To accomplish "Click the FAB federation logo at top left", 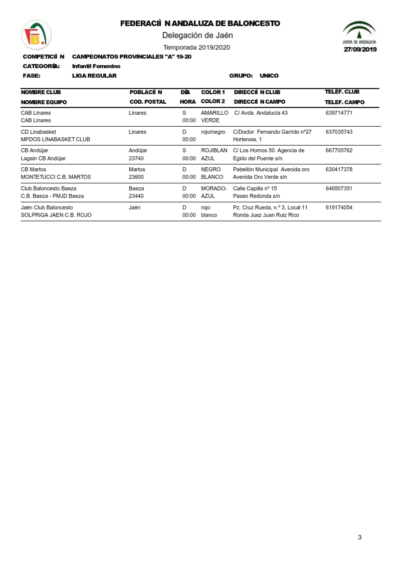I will (x=36, y=35).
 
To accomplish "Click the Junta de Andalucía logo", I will (x=359, y=33).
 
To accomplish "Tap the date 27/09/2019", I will (x=360, y=49).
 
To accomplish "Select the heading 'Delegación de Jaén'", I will (x=197, y=35).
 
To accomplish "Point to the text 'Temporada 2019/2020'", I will (x=196, y=47).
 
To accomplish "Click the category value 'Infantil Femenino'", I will (x=96, y=66).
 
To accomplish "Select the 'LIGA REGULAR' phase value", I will (x=94, y=76).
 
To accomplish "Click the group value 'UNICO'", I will (x=269, y=76).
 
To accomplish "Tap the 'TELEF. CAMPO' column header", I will (x=344, y=102).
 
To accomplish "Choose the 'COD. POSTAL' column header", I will (x=148, y=102).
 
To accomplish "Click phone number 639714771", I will (x=339, y=113).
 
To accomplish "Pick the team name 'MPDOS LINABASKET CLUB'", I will (x=56, y=139).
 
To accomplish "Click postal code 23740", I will (x=136, y=158).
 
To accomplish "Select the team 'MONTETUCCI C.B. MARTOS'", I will (x=56, y=177).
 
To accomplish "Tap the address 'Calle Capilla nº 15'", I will (x=255, y=188).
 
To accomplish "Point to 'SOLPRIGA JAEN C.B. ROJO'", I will (x=56, y=215).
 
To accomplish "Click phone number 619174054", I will (x=339, y=207).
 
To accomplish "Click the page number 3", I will (x=360, y=537).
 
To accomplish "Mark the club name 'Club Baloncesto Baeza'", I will (x=49, y=188).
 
